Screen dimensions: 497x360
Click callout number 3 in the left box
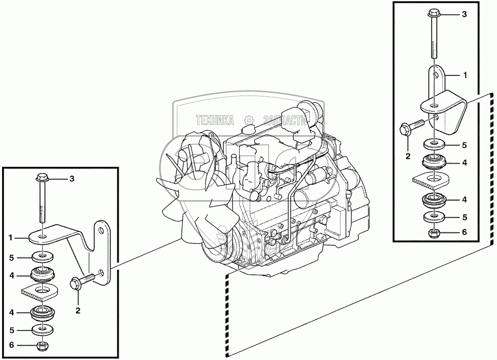coord(72,179)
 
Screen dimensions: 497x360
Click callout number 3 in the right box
coord(464,14)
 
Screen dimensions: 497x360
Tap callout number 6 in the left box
coord(12,345)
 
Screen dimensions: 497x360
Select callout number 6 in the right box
coord(464,232)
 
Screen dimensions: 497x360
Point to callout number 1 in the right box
coord(465,75)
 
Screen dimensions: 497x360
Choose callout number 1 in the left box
coord(11,238)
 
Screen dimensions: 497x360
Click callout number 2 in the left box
coord(78,311)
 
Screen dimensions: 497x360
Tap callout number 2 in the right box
coord(408,156)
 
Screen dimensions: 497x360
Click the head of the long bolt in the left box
coord(42,178)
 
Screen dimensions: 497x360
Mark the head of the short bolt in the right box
coord(405,130)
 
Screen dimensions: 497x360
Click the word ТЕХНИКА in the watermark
coord(215,120)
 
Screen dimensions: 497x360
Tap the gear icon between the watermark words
coord(249,120)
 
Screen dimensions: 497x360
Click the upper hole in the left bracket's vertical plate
coord(101,230)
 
